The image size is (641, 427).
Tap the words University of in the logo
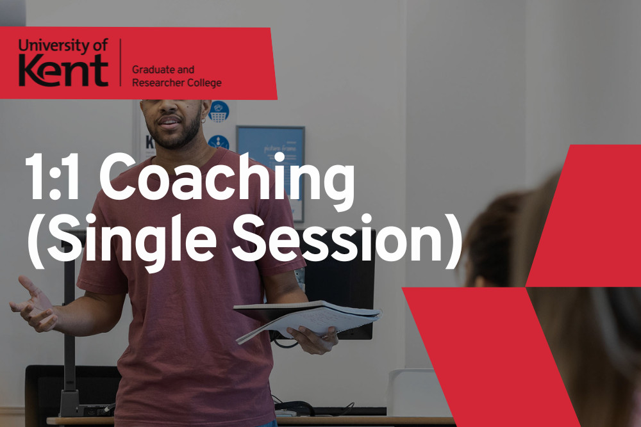[x=63, y=45]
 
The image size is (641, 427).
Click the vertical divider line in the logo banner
[x=121, y=63]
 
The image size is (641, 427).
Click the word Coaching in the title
[x=226, y=181]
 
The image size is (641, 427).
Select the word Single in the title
[x=130, y=243]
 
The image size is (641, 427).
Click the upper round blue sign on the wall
[x=219, y=111]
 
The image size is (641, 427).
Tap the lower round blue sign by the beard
[x=219, y=143]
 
